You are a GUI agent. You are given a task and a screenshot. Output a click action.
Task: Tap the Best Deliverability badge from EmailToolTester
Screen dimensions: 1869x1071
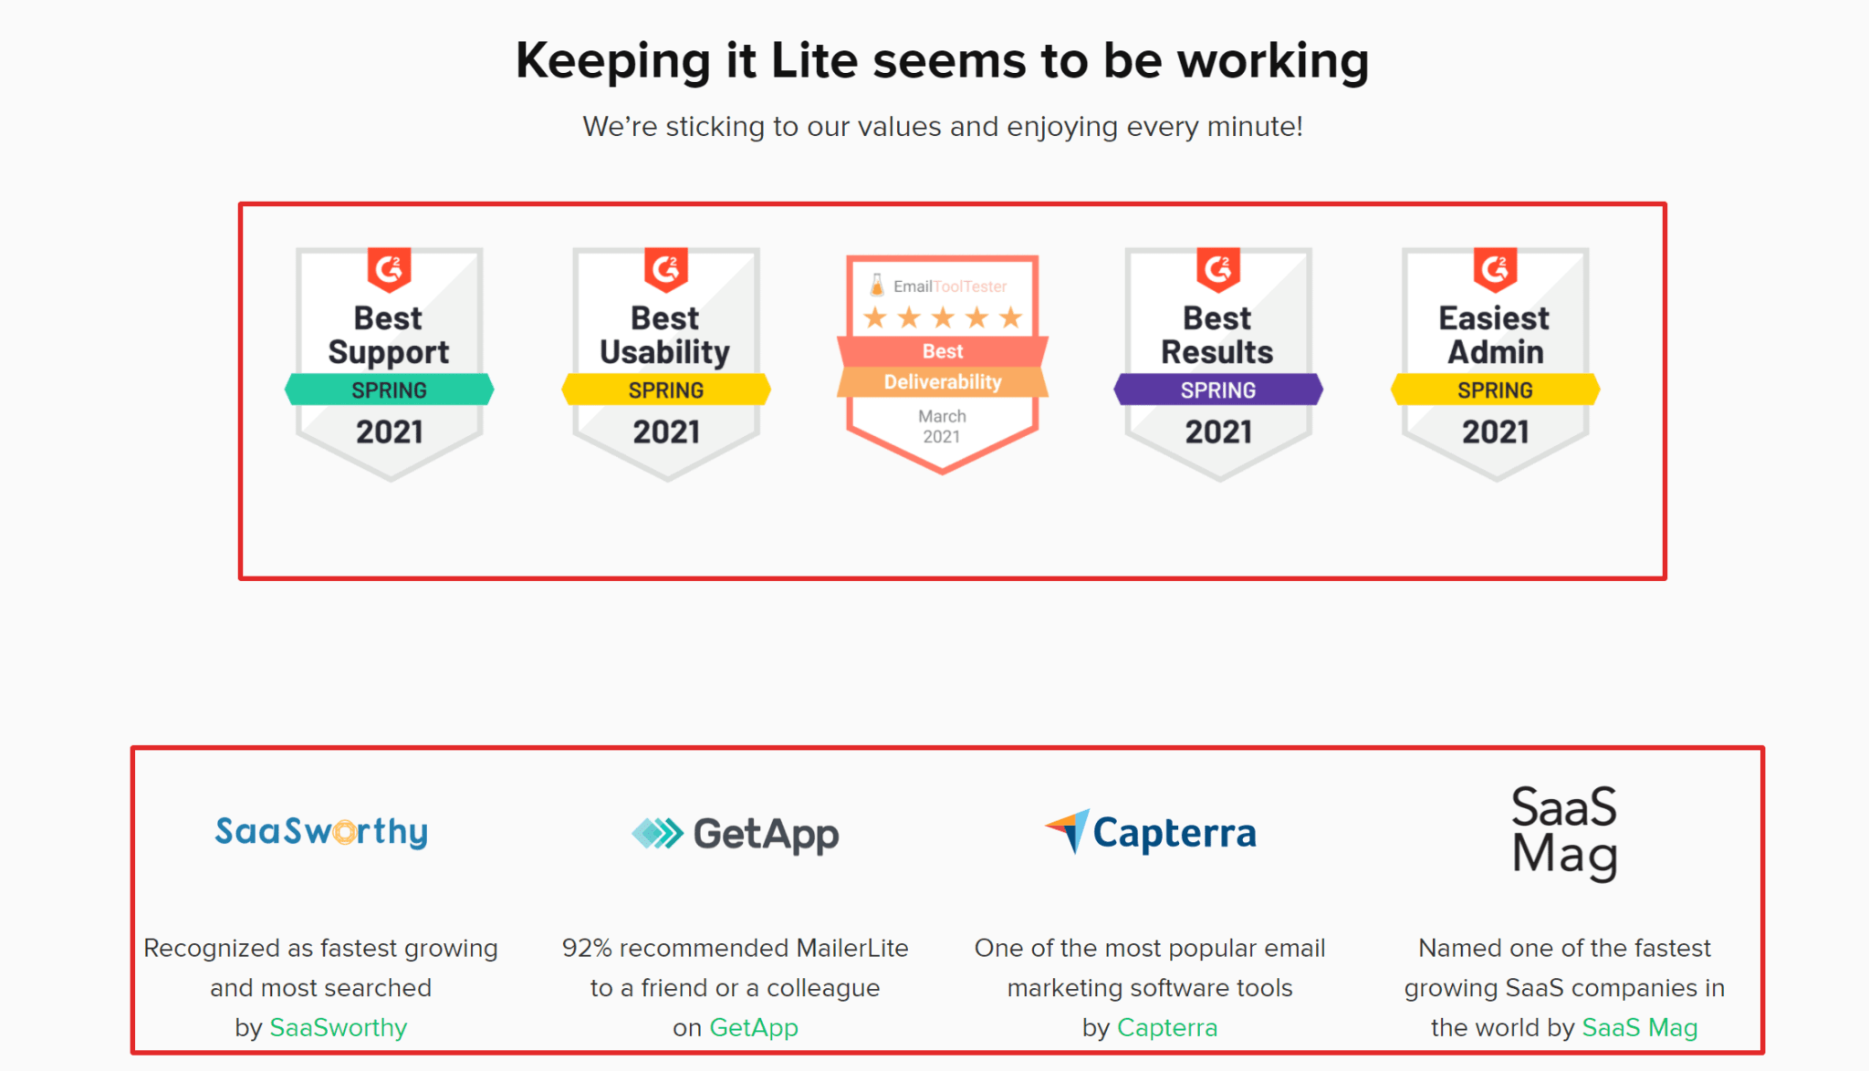coord(943,364)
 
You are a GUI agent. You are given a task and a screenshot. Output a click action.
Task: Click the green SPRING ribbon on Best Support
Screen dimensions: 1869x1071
coord(390,390)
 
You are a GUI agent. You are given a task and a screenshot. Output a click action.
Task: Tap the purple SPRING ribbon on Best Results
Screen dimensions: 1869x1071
coord(1218,390)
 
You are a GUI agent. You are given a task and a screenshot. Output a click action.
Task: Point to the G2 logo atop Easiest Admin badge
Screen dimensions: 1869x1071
coord(1495,269)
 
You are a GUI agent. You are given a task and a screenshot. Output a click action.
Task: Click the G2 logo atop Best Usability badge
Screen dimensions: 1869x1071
coord(666,269)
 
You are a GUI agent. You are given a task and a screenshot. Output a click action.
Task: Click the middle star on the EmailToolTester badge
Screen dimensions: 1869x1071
coord(943,317)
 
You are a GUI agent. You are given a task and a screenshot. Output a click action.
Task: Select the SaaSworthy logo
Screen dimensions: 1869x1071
coord(321,831)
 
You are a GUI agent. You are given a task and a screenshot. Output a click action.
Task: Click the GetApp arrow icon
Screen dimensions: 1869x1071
coord(657,833)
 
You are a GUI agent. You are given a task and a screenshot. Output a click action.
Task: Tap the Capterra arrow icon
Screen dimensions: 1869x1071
coord(1068,830)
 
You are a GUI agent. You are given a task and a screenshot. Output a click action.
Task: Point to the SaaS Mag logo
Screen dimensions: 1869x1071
coord(1564,832)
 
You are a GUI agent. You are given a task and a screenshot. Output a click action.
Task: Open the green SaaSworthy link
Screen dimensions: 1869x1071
coord(339,1027)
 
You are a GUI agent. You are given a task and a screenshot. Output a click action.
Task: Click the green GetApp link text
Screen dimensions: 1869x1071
coord(754,1027)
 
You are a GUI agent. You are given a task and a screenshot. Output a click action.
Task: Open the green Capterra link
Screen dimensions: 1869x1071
coord(1167,1027)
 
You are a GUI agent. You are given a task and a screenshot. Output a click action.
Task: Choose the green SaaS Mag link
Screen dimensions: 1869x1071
coord(1640,1027)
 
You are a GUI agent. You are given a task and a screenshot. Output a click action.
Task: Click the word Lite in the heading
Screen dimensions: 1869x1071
coord(814,60)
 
